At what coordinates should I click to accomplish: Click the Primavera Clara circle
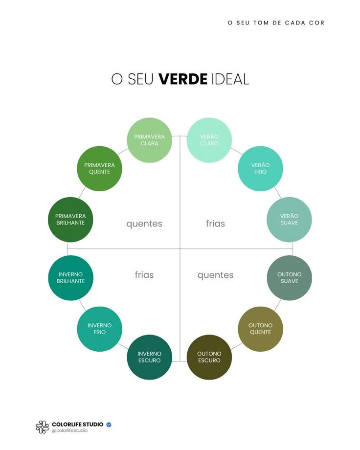149,140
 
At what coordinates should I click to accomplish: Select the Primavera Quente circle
99,168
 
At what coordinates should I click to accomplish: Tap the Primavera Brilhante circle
70,219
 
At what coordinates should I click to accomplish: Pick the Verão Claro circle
209,140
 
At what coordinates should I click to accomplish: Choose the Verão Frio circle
260,168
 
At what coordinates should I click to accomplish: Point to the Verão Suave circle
289,219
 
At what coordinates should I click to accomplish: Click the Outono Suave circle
289,277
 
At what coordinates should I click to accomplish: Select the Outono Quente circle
260,329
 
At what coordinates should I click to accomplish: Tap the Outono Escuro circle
209,357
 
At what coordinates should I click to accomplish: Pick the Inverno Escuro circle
149,357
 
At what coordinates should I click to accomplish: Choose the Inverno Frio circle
99,329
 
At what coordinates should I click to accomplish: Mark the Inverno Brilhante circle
70,277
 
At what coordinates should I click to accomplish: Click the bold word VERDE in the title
183,79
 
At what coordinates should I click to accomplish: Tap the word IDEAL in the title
230,79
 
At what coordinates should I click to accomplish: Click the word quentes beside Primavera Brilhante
144,224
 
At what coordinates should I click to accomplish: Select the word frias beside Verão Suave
215,224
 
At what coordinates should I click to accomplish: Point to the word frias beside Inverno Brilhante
144,275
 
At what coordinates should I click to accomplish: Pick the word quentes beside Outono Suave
215,275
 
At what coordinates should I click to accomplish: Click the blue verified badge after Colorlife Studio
109,424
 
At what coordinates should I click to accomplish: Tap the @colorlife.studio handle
70,430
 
